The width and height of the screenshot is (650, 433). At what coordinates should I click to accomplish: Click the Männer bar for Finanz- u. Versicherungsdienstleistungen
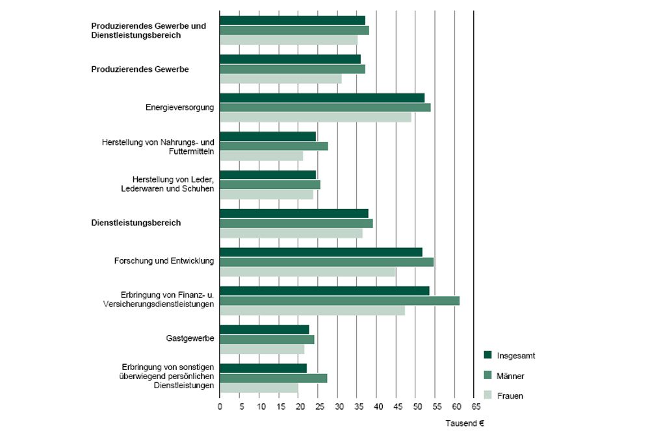339,301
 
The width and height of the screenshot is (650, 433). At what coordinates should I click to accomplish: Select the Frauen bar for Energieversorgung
315,118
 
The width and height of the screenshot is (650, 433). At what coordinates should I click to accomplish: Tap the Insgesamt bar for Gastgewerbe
264,329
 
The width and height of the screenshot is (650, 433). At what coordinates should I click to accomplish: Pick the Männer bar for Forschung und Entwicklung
326,262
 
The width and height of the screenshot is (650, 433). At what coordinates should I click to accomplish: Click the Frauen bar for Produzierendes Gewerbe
280,79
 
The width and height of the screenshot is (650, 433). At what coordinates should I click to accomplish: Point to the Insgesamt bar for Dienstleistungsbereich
294,214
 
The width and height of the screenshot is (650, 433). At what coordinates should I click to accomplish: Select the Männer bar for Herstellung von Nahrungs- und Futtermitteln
274,146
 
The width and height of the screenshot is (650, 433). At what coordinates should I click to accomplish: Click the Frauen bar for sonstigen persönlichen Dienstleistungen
259,388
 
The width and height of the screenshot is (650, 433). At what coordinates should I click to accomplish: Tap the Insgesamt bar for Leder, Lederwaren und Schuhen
268,175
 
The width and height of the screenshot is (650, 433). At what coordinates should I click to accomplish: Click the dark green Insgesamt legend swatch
487,355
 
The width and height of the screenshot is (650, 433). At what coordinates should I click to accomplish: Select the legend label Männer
511,376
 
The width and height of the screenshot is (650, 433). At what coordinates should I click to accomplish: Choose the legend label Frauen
510,395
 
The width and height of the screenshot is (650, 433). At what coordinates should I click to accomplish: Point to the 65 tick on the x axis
474,406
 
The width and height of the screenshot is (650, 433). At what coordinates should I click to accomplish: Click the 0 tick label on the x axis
220,406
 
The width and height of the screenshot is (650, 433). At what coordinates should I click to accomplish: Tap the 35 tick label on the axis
357,406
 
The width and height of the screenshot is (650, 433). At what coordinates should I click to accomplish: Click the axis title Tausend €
465,423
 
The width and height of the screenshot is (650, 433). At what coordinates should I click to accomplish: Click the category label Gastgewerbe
190,339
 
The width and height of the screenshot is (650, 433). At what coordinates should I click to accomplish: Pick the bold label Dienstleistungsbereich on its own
135,223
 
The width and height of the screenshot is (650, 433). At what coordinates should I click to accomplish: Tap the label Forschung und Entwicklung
164,262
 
